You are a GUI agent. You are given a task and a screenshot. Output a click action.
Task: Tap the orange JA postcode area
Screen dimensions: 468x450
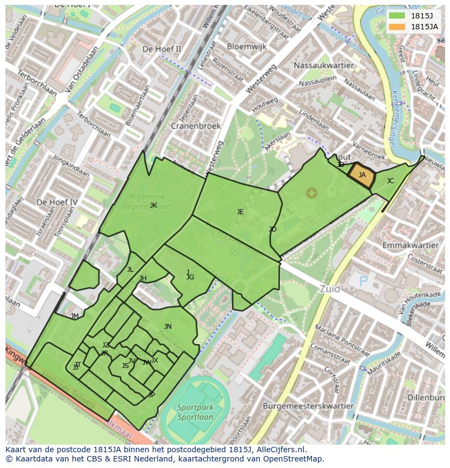[x=361, y=176]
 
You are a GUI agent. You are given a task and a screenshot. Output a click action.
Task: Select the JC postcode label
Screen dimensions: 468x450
[x=390, y=181]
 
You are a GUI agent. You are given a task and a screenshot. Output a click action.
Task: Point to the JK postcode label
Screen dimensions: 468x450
[x=153, y=205]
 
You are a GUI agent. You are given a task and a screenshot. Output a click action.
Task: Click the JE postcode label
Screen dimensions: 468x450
[x=240, y=212]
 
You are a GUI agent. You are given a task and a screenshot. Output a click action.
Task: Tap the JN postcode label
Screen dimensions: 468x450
[x=167, y=327]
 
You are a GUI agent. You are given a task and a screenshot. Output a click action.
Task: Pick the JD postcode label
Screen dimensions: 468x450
[x=273, y=229]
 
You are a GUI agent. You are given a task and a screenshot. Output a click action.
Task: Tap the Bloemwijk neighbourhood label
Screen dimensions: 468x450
[x=247, y=47]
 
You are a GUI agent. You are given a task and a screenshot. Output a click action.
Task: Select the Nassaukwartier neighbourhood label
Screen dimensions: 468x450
[x=316, y=65]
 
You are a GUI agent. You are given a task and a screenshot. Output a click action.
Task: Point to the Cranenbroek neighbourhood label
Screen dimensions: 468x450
[x=196, y=126]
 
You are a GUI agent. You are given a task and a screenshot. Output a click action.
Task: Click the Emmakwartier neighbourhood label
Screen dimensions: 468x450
[x=410, y=246]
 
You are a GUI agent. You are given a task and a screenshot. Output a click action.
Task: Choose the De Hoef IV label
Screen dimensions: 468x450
[x=57, y=202]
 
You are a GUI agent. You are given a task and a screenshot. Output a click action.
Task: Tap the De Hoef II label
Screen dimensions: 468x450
[x=162, y=49]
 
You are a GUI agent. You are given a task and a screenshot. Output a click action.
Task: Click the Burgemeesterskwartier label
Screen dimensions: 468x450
[x=308, y=406]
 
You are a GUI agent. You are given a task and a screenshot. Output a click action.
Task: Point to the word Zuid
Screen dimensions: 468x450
[x=330, y=289]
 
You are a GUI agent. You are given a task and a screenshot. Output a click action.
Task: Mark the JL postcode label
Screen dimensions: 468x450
[x=130, y=270]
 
